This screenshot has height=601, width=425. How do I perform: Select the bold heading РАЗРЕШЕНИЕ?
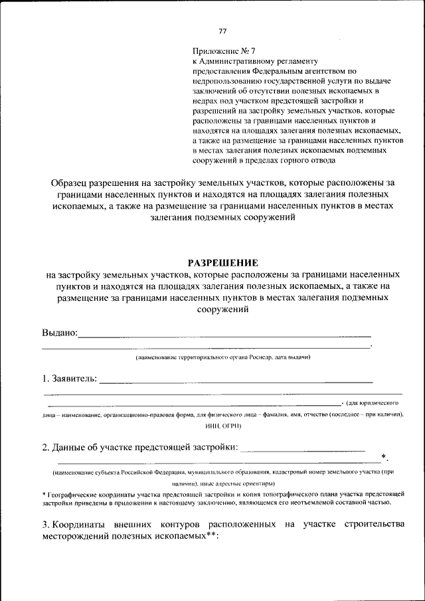(222, 263)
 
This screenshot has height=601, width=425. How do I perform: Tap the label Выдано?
(60, 332)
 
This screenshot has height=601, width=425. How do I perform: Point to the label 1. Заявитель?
(70, 379)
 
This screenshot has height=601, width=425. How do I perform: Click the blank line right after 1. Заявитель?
(236, 382)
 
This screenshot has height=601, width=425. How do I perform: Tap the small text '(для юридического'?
(373, 403)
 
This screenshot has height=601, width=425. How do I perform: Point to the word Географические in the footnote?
(69, 495)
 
